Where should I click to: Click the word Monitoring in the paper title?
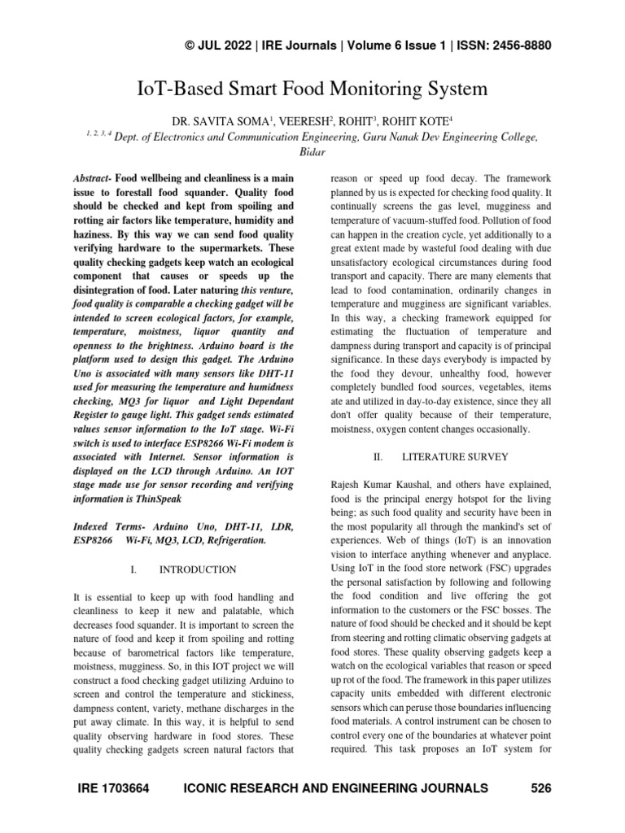[x=382, y=87]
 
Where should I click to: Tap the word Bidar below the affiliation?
[x=312, y=152]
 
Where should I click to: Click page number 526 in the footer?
[x=541, y=787]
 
